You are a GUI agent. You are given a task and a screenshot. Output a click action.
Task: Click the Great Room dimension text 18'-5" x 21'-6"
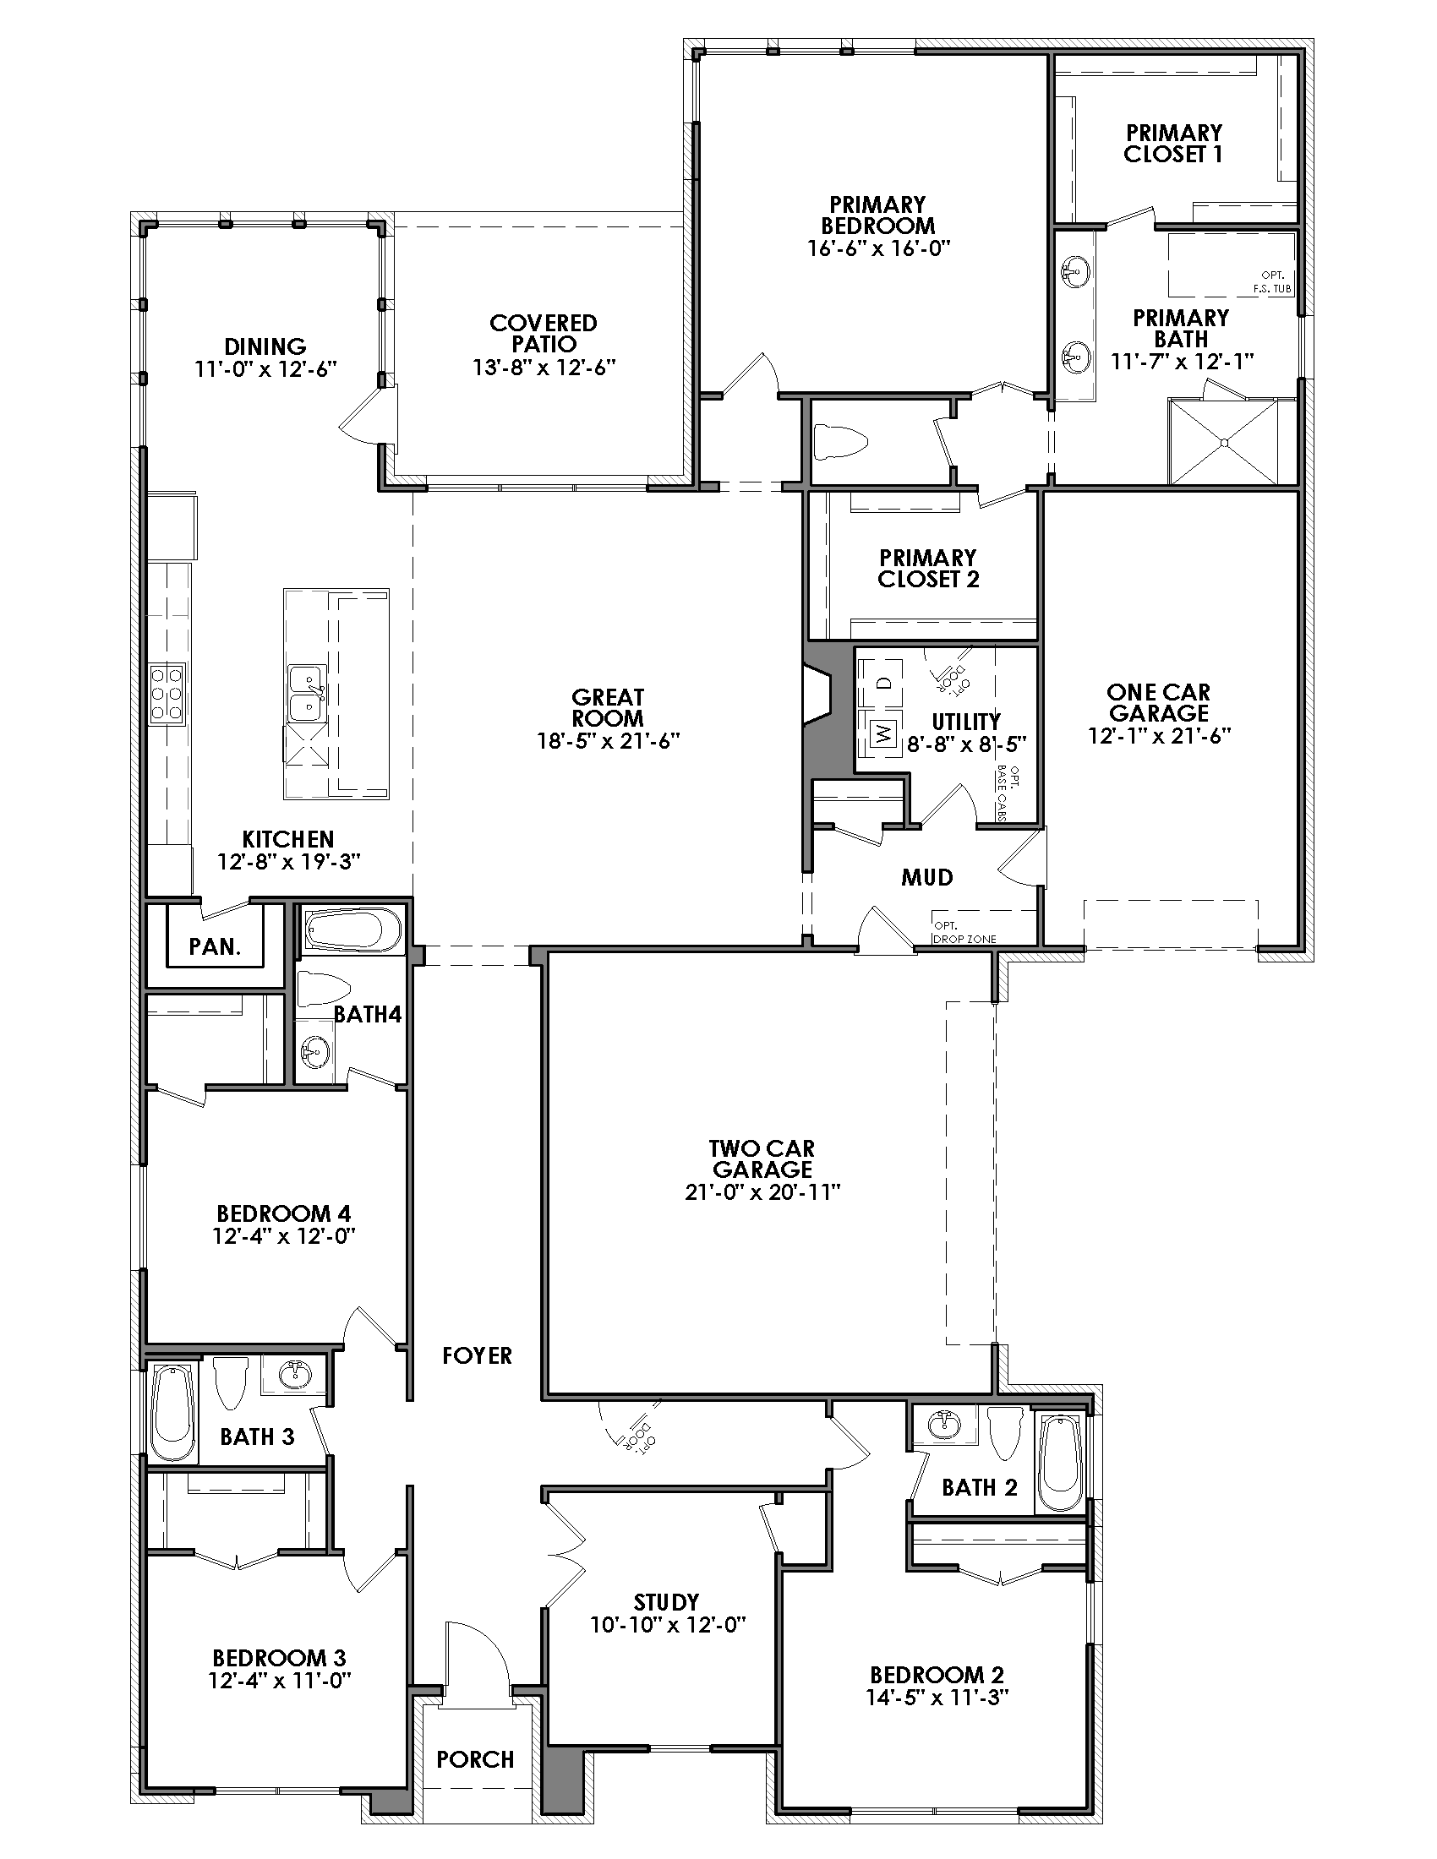[608, 741]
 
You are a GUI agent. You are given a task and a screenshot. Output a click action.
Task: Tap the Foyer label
[477, 1356]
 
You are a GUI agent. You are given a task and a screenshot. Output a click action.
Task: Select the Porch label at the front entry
[475, 1759]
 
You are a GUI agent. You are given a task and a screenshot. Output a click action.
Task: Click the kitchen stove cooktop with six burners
[167, 694]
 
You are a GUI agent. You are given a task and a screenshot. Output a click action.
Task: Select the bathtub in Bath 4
[352, 931]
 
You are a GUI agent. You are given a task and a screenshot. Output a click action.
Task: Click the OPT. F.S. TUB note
[1273, 281]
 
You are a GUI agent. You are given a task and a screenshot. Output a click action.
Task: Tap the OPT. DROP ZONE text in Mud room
[964, 932]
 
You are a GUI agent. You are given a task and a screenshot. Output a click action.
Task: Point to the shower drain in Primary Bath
[1223, 442]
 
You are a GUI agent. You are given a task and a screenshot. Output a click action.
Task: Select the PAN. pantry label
[215, 946]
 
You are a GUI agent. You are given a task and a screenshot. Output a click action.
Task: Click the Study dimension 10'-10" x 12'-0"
[669, 1625]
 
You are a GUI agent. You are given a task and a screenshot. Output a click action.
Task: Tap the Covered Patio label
[544, 334]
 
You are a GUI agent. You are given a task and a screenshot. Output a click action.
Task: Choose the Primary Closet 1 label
[1173, 143]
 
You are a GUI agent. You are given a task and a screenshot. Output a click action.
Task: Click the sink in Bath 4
[314, 1053]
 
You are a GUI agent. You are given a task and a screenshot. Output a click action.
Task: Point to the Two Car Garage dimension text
[762, 1192]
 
